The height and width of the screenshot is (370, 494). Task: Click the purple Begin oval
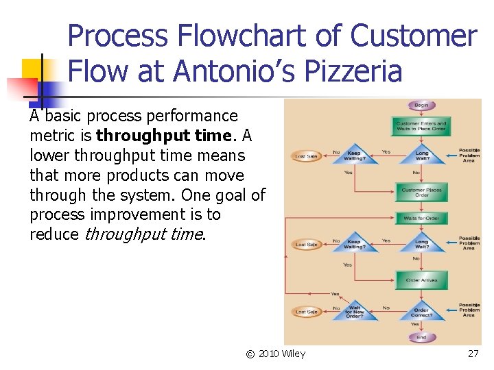point(421,106)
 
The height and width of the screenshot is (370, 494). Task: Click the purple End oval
point(421,337)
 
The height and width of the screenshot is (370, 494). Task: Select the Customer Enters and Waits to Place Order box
point(421,126)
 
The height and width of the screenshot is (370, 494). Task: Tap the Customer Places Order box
point(421,193)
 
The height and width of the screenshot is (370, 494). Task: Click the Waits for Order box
point(421,219)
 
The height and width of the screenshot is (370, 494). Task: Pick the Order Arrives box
point(421,280)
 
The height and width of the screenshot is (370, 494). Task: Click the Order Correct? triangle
point(421,312)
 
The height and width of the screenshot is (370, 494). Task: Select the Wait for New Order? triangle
point(354,312)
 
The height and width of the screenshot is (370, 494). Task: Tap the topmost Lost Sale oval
point(306,156)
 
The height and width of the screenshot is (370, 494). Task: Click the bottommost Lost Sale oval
point(306,312)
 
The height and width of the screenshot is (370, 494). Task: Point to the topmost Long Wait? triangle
point(421,155)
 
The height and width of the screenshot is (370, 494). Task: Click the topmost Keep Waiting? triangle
point(354,155)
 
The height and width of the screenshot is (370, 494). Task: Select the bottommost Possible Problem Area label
point(469,310)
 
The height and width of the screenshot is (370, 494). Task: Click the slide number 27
point(473,354)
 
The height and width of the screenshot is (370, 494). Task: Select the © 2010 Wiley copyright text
point(276,354)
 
